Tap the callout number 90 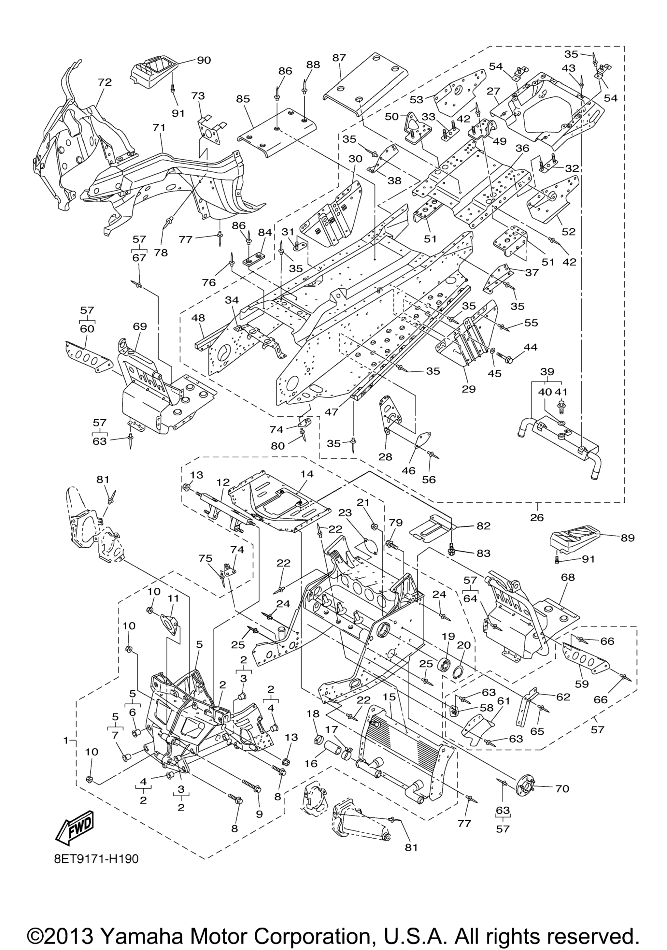click(204, 60)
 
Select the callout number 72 click(105, 82)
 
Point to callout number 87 click(339, 58)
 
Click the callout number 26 click(537, 517)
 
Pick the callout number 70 click(562, 789)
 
